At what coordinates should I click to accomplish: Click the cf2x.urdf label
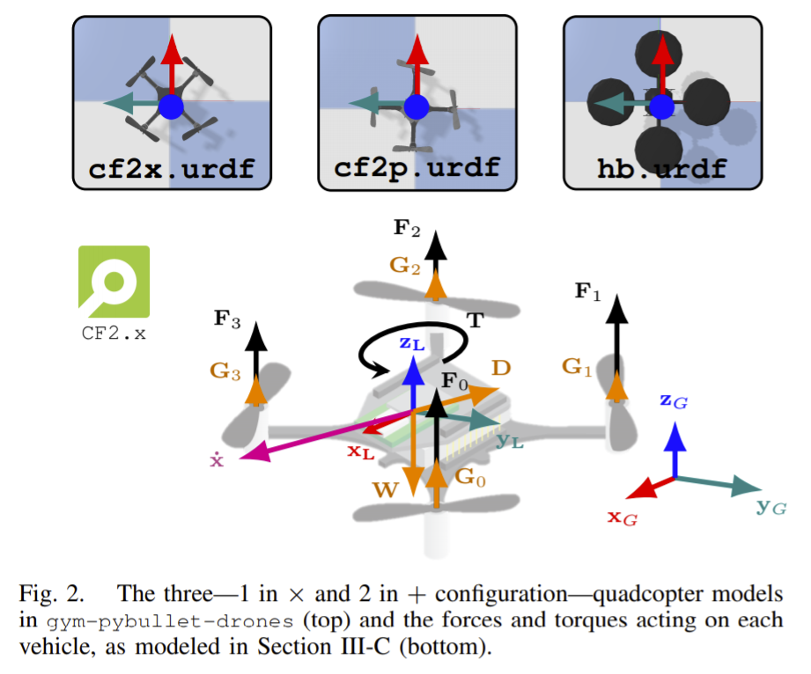coord(172,169)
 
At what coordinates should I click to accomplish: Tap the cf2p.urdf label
coord(417,167)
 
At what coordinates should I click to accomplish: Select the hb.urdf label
coord(662,169)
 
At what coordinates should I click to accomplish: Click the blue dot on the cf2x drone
coord(171,107)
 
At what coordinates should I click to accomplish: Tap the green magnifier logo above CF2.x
coord(114,282)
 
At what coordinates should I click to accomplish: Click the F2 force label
coord(407,227)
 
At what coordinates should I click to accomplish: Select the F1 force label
coord(588,291)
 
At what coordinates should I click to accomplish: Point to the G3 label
coord(225,371)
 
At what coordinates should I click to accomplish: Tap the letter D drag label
coord(501,368)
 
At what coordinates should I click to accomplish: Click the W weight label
coord(386,489)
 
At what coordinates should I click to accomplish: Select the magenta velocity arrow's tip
coord(240,458)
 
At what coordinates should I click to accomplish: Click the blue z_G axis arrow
coord(675,450)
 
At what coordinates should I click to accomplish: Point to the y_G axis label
coord(771,507)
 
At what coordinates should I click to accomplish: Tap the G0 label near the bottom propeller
coord(471,477)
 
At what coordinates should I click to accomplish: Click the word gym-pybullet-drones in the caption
coord(170,620)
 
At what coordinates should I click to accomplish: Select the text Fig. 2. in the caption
coord(51,594)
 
